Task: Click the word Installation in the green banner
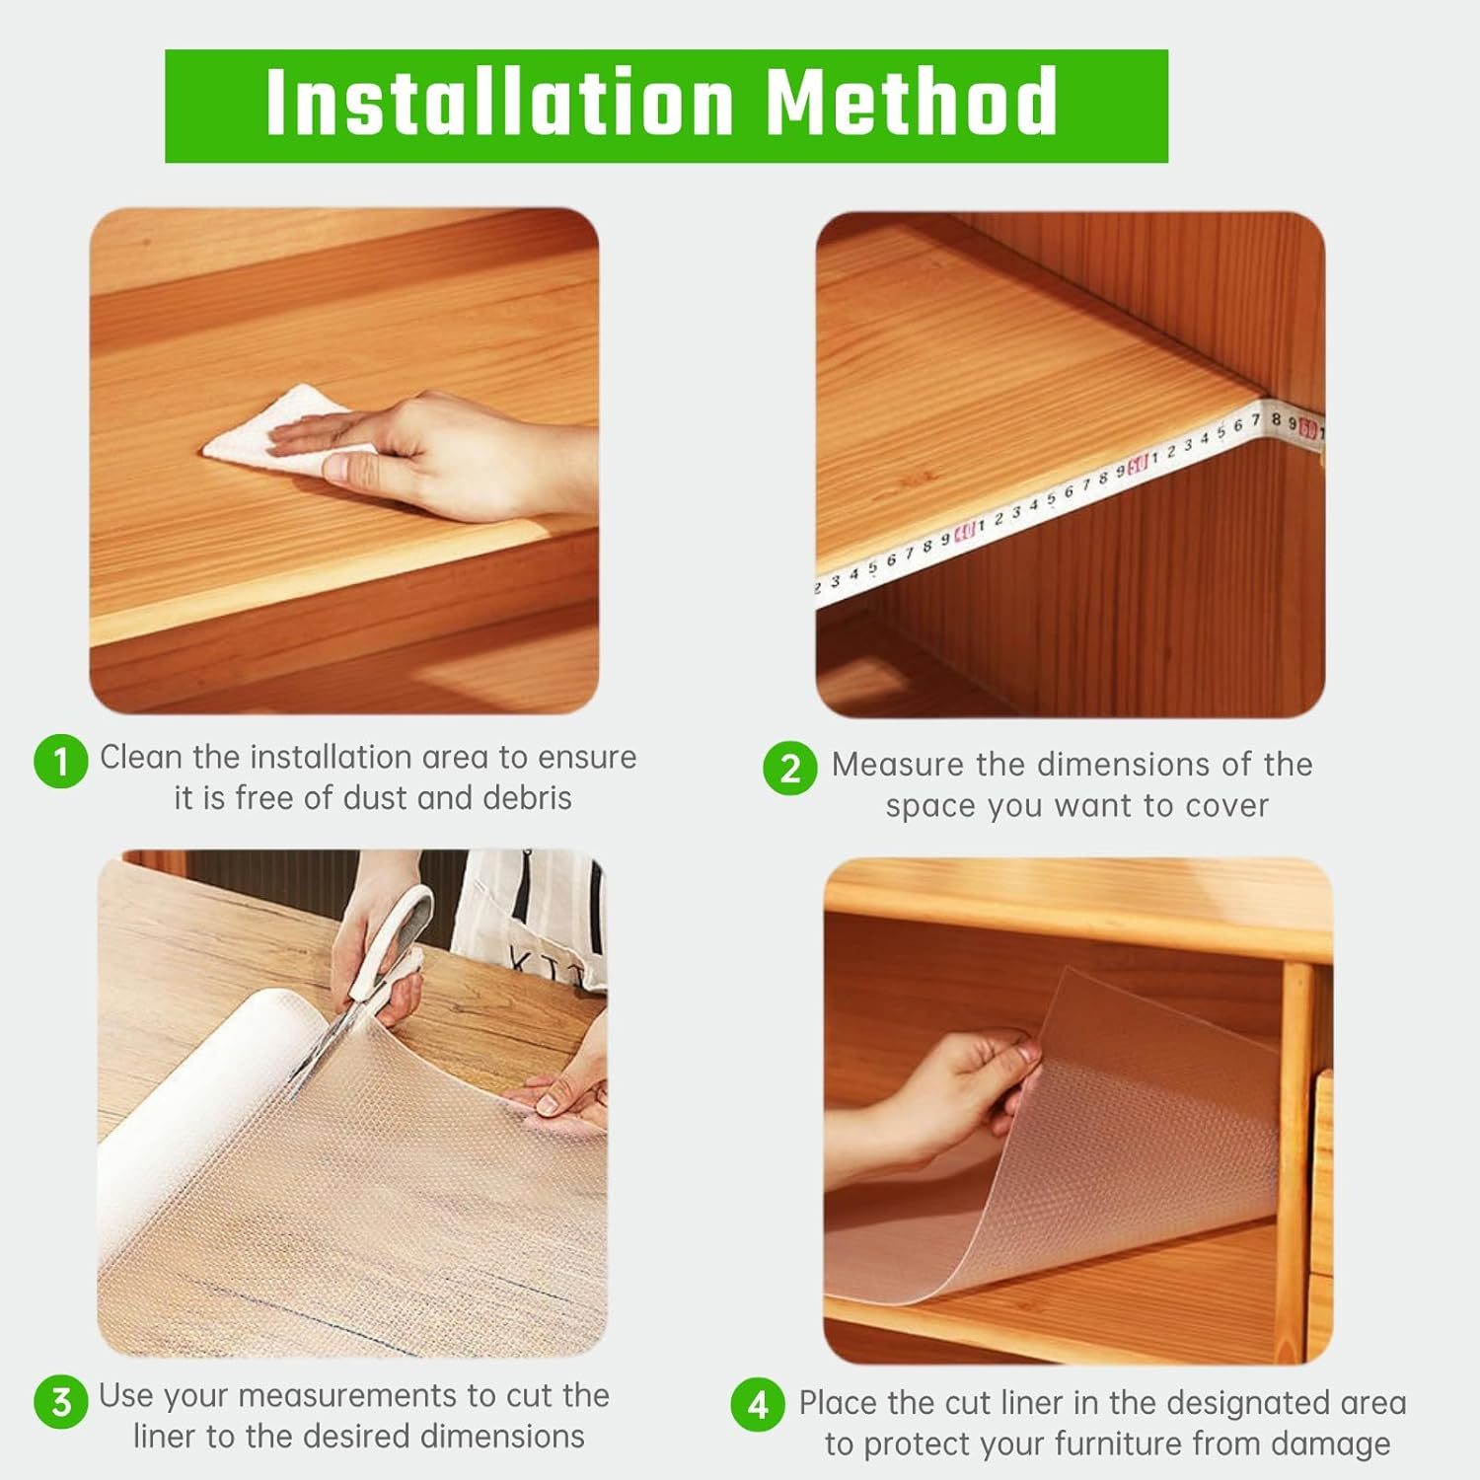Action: click(x=499, y=103)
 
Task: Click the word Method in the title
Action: click(x=912, y=103)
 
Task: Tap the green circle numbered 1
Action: click(x=61, y=762)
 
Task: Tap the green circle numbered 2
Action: click(x=790, y=769)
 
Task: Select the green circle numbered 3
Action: click(x=61, y=1401)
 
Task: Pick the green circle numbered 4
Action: click(x=758, y=1404)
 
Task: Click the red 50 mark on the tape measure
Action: click(x=1138, y=463)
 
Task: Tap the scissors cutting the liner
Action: click(x=365, y=997)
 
